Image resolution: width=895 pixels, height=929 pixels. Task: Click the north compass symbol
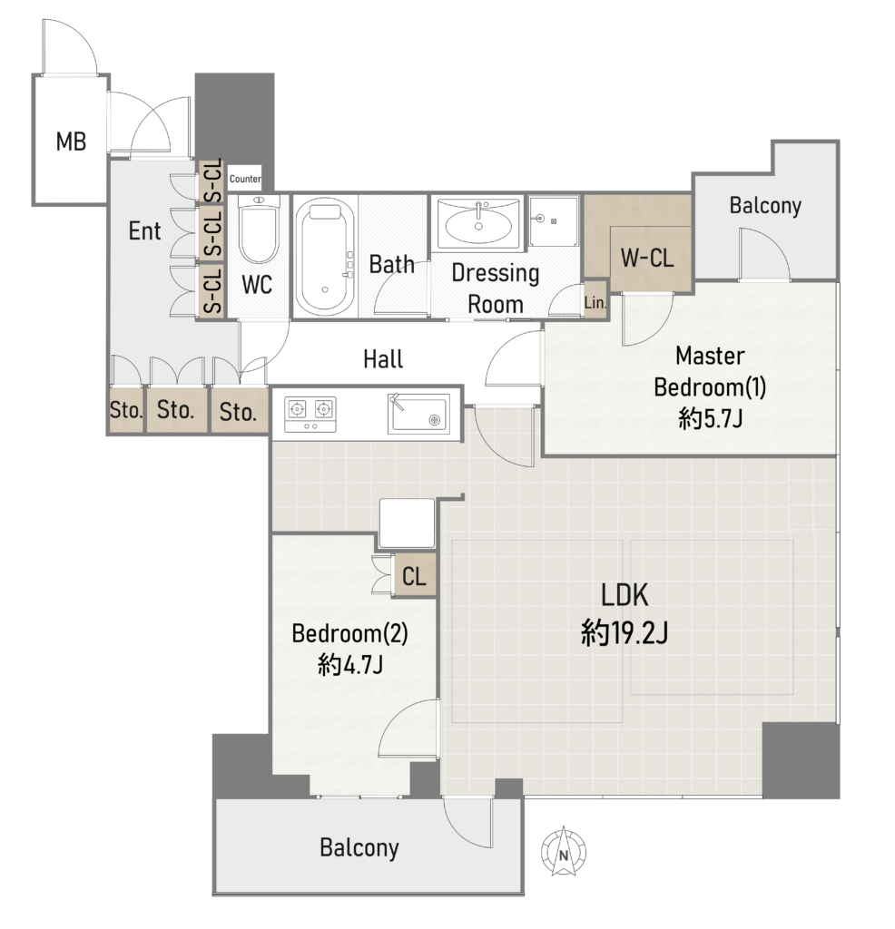pos(563,852)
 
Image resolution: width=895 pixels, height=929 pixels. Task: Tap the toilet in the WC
pos(259,230)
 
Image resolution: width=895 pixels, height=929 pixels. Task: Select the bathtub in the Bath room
pos(325,257)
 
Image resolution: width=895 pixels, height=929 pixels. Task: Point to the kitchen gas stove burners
pos(310,414)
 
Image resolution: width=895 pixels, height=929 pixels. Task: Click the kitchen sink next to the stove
pos(418,413)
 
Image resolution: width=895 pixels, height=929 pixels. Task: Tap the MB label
pos(71,142)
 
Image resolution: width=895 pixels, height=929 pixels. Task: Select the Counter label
pos(245,179)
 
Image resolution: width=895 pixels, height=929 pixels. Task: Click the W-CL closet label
pos(647,258)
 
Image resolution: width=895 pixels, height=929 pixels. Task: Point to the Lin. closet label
pos(595,303)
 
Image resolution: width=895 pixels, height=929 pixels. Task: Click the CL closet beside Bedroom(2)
pos(414,575)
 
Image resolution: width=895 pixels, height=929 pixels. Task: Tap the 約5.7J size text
pos(710,419)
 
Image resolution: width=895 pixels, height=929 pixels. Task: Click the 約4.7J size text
pos(349,664)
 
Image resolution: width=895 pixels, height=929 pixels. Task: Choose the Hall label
pos(383,359)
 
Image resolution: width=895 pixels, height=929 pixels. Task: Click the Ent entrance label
pos(144,230)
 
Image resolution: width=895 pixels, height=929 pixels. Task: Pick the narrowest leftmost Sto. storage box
pos(126,410)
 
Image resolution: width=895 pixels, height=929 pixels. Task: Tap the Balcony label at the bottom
pos(359,848)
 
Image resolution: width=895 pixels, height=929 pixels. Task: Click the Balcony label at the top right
pos(765,206)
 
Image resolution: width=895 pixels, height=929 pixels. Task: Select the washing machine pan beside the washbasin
pos(554,221)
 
